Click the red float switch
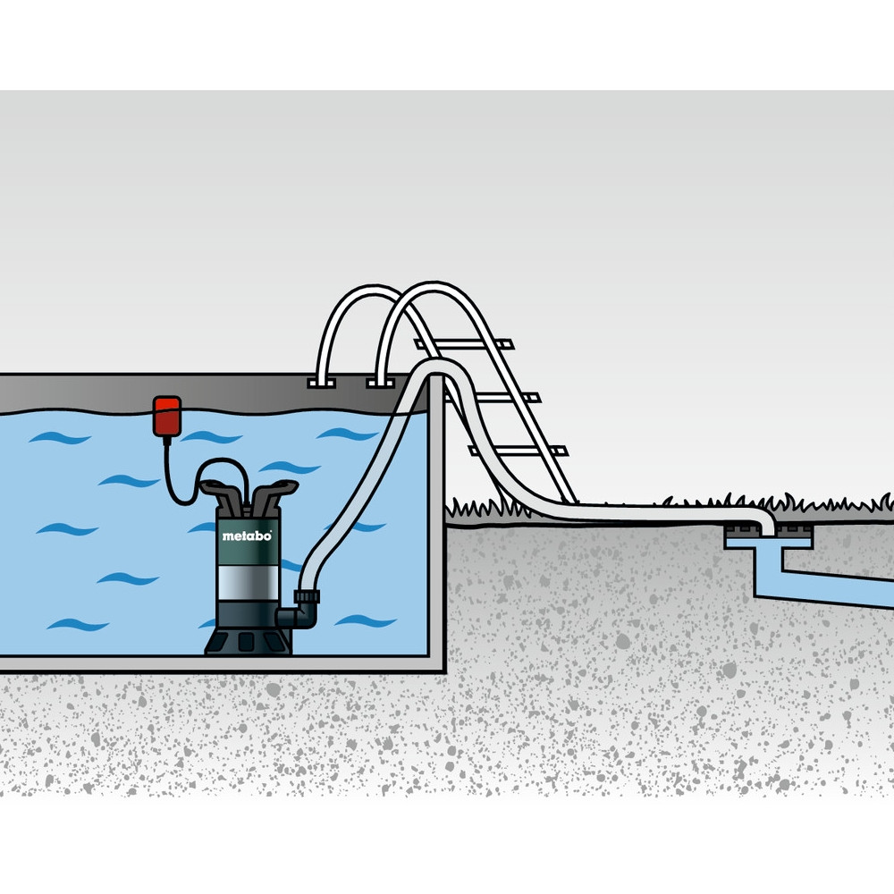point(167,417)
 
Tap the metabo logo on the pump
point(247,536)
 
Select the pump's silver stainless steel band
point(248,583)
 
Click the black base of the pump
point(248,640)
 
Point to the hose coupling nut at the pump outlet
point(307,597)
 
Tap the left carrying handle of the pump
point(223,495)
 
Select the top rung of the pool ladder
point(464,344)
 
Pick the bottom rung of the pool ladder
point(518,451)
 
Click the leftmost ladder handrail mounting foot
point(322,384)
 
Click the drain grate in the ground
point(768,533)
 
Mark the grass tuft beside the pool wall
point(485,508)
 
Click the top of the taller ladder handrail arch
point(434,285)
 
